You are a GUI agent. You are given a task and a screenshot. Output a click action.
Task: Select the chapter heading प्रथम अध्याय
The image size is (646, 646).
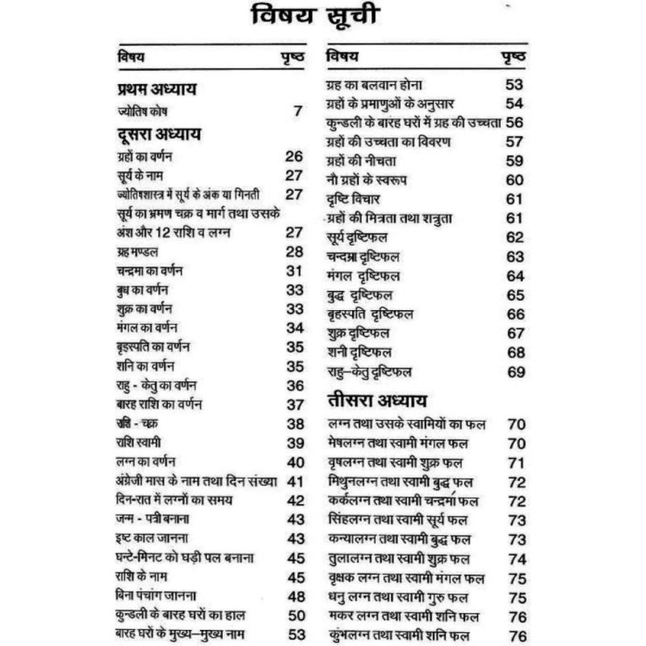[158, 89]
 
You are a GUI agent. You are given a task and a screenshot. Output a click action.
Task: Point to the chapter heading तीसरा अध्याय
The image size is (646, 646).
[376, 401]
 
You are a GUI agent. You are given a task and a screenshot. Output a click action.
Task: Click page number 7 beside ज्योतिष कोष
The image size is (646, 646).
[298, 111]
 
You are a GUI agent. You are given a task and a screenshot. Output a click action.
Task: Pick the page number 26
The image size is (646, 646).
[294, 156]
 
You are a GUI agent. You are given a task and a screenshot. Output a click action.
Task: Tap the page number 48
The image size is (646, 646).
[296, 596]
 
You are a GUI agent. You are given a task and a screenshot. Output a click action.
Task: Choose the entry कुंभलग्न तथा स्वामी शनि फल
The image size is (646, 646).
[409, 636]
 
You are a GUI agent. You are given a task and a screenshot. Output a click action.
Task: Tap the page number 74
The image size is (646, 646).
[517, 559]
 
